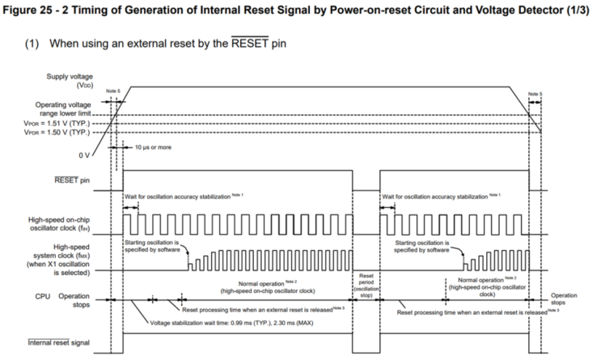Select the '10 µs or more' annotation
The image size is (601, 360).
(x=151, y=148)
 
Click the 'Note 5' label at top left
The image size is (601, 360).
(x=112, y=91)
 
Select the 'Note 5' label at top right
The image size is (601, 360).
(x=535, y=94)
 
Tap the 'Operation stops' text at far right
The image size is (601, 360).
(x=565, y=299)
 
